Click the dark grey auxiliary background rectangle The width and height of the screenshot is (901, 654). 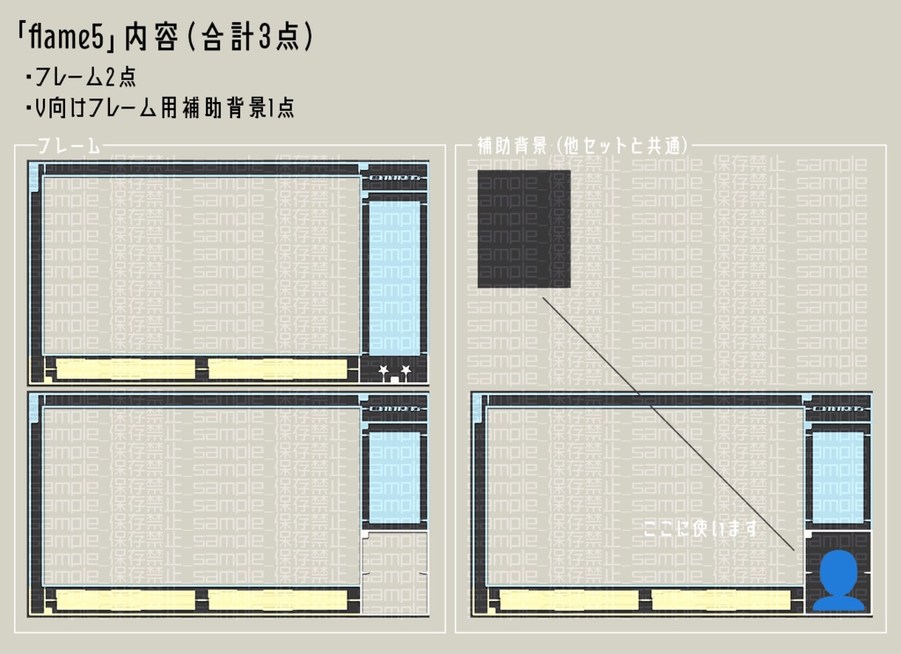[x=524, y=229]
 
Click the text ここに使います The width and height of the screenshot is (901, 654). [x=700, y=528]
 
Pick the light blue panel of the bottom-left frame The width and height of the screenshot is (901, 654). [x=394, y=475]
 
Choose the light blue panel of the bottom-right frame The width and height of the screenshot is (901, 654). [x=837, y=475]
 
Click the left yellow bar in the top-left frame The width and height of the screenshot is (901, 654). [x=126, y=369]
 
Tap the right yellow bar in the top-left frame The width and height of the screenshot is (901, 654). [x=277, y=369]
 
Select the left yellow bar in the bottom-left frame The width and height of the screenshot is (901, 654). [x=126, y=600]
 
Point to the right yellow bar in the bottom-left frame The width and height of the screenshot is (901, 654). [x=277, y=600]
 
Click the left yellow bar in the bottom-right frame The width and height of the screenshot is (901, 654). [x=569, y=600]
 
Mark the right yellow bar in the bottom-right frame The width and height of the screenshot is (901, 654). [x=721, y=600]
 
